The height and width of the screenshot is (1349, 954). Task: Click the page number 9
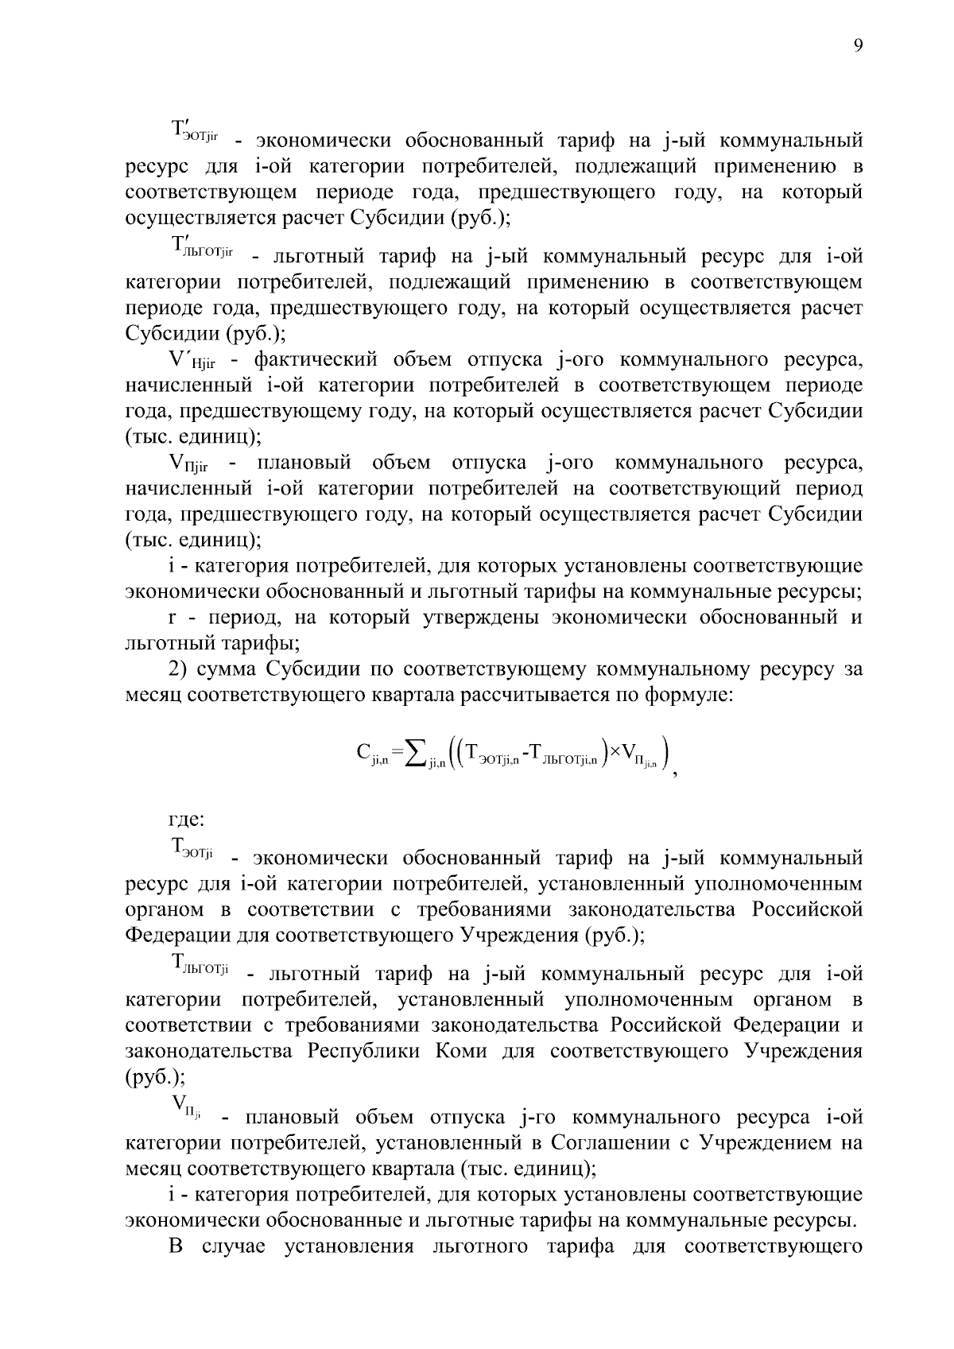click(858, 46)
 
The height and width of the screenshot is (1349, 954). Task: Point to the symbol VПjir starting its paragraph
click(189, 464)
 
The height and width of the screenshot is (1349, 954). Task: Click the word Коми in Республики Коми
click(461, 1052)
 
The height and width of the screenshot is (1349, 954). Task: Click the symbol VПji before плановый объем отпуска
click(186, 1107)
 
